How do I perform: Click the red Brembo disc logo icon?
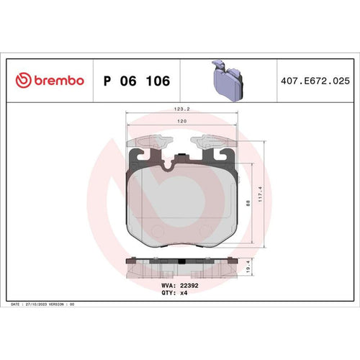[23, 80]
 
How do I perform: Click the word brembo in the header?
[59, 80]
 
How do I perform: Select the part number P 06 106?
[137, 81]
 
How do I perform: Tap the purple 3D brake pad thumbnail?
[228, 81]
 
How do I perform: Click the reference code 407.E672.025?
[315, 81]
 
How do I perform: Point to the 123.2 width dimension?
[181, 109]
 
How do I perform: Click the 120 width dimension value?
[181, 121]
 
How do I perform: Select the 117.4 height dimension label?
[260, 194]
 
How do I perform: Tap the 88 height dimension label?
[248, 203]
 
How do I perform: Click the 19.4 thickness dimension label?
[248, 266]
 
